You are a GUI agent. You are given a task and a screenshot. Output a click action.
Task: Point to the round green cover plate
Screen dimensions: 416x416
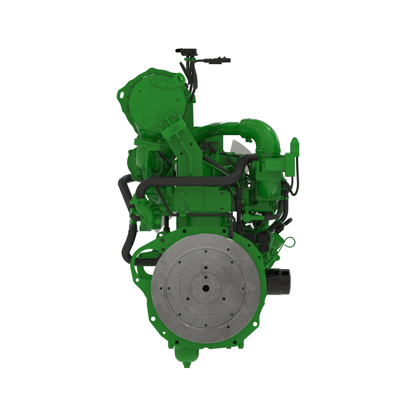(x=153, y=104)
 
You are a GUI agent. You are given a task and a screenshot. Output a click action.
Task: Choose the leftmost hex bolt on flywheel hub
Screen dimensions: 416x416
(x=194, y=288)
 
